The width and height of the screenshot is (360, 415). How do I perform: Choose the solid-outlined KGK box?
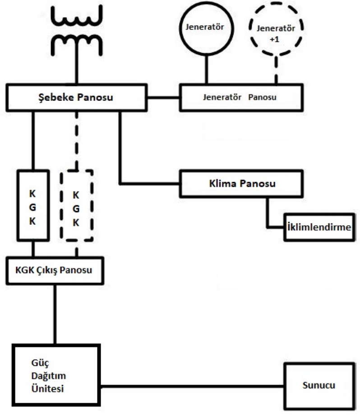(32, 205)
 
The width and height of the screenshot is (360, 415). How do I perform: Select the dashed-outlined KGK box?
(76, 205)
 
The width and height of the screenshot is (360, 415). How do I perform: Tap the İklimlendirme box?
(317, 227)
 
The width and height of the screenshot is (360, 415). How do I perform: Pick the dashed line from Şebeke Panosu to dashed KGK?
(76, 140)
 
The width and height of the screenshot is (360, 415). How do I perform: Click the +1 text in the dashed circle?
(276, 37)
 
